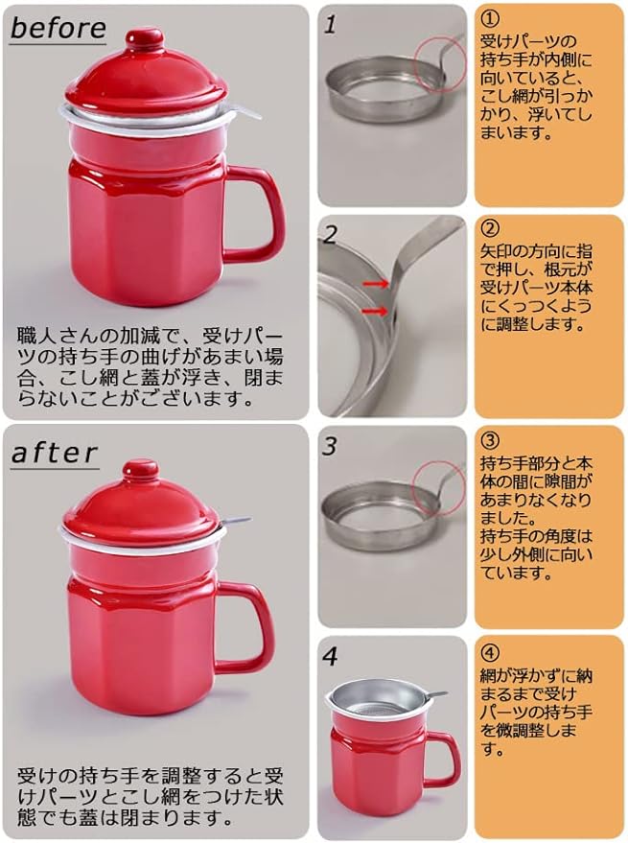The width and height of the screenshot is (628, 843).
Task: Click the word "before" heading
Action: click(58, 27)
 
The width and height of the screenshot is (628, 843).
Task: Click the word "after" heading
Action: click(54, 453)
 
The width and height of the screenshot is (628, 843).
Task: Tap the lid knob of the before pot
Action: click(144, 40)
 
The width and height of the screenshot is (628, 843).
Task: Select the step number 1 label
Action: click(330, 25)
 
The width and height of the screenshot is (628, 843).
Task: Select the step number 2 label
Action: click(331, 234)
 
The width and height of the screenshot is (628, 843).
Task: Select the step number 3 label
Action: click(330, 446)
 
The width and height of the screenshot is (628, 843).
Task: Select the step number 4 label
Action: click(330, 656)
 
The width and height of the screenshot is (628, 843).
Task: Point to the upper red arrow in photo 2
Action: click(376, 284)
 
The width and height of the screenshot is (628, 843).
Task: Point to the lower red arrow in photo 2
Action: click(376, 311)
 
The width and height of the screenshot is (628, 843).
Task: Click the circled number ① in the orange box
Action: click(490, 20)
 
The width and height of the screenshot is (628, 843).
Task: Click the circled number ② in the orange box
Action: click(490, 229)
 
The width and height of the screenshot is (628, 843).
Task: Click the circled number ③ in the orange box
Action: click(490, 441)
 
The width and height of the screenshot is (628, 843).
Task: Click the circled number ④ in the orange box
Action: click(490, 653)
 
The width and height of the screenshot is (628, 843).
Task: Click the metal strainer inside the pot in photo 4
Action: click(380, 699)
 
